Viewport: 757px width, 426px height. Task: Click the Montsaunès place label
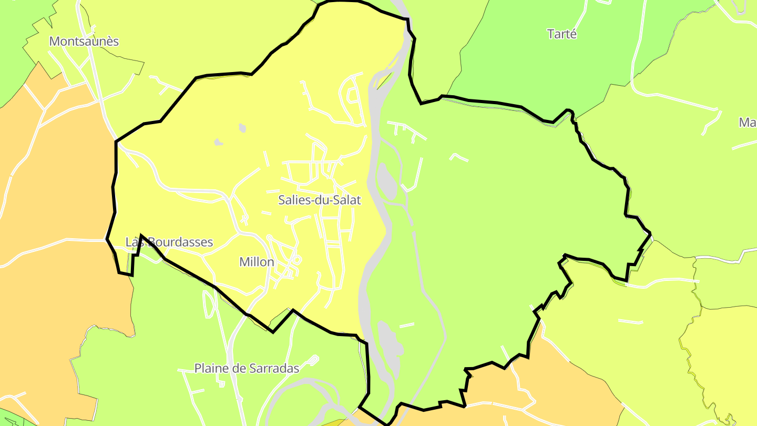pyautogui.click(x=84, y=42)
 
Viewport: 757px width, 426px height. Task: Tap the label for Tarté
pyautogui.click(x=562, y=34)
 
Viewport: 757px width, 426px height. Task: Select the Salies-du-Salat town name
pyautogui.click(x=320, y=200)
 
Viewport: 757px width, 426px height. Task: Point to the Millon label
pyautogui.click(x=257, y=262)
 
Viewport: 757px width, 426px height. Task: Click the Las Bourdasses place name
pyautogui.click(x=169, y=242)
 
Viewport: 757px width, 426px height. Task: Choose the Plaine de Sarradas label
pyautogui.click(x=247, y=368)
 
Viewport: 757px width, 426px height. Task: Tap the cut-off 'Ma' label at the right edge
pyautogui.click(x=748, y=123)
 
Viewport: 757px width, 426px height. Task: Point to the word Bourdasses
pyautogui.click(x=180, y=242)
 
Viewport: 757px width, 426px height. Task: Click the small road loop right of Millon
pyautogui.click(x=297, y=259)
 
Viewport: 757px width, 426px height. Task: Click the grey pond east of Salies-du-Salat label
pyautogui.click(x=388, y=181)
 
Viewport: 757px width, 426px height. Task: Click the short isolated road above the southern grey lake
pyautogui.click(x=406, y=325)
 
